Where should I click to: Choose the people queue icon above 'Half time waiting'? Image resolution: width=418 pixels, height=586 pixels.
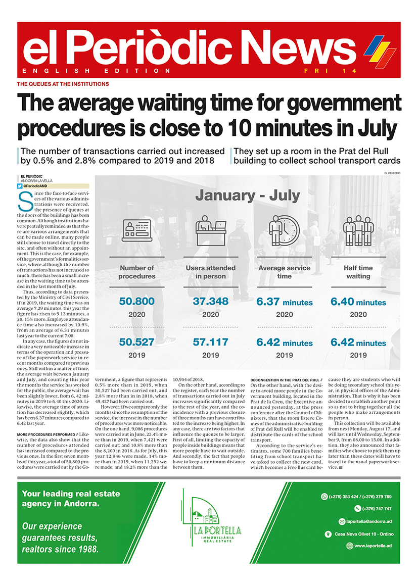click(358, 231)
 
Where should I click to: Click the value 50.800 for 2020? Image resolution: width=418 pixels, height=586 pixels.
click(136, 302)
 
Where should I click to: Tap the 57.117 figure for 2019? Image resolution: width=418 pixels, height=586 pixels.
click(211, 342)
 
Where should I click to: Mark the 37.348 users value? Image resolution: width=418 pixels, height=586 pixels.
click(211, 302)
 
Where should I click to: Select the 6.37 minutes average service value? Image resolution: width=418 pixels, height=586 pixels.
click(284, 302)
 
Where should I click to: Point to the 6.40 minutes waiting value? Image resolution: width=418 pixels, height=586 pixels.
click(358, 302)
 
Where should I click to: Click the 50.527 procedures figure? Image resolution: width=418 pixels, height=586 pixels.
click(136, 342)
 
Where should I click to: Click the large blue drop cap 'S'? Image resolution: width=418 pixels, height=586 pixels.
click(23, 202)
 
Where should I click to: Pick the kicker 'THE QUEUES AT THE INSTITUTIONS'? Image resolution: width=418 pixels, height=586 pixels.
click(63, 84)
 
